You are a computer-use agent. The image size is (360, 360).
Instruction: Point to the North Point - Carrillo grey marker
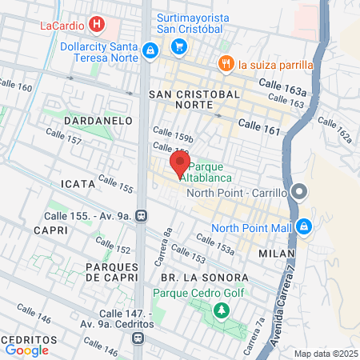coord(299,192)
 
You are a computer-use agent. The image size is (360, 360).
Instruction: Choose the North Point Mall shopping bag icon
coord(303,227)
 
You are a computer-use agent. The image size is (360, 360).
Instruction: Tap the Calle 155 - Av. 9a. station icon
coord(141,215)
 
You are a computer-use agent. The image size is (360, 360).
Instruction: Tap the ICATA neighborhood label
coord(78,183)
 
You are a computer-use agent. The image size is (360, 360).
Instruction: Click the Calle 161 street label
coord(261,126)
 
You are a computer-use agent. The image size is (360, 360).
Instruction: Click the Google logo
coord(27,350)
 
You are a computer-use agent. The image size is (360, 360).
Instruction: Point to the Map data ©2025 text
coord(325,354)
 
